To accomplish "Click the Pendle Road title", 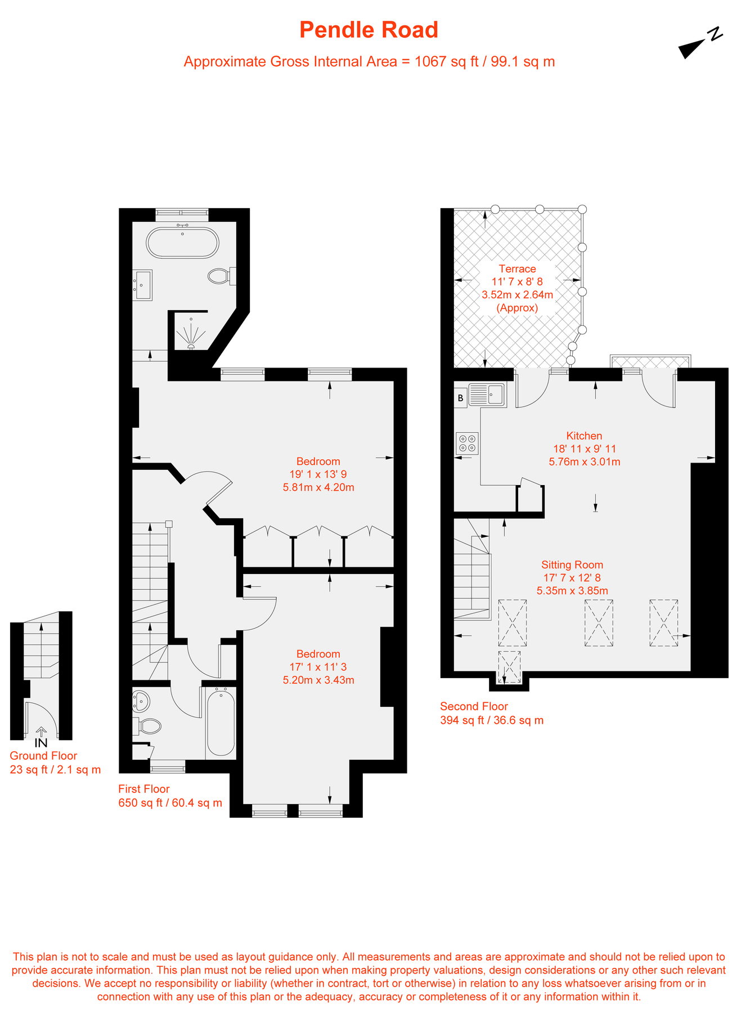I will click(x=369, y=30).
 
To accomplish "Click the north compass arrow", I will click(x=692, y=48).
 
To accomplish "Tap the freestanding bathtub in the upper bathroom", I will click(x=182, y=243).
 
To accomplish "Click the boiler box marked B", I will click(x=460, y=398).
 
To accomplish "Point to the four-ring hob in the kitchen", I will click(x=467, y=443).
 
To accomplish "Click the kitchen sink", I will click(x=487, y=395).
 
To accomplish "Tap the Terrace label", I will click(x=517, y=269).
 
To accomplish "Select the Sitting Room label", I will click(x=572, y=564).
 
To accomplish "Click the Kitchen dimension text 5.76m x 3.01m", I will click(x=584, y=462).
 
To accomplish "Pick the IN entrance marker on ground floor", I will click(x=41, y=743).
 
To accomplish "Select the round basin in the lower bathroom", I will click(x=141, y=702).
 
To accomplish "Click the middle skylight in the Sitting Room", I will click(x=599, y=622).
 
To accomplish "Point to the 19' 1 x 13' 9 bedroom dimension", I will click(x=318, y=474).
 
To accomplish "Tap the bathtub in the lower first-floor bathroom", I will click(x=221, y=723).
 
